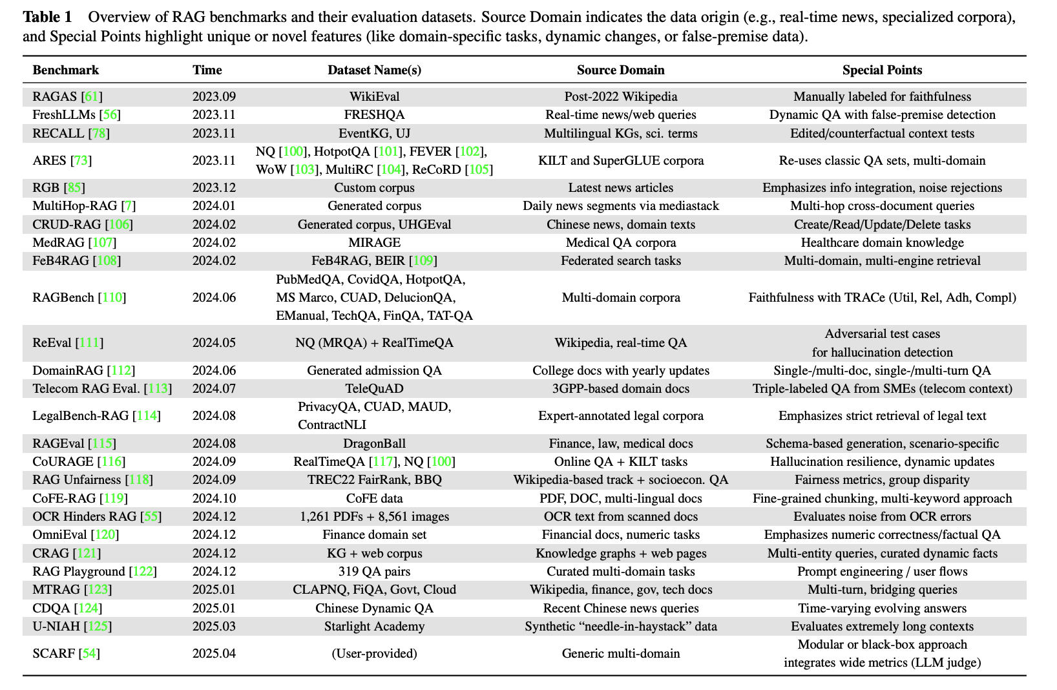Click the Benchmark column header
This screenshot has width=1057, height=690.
[66, 70]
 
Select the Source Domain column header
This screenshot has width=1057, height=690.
[620, 70]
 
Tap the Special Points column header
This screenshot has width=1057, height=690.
[882, 70]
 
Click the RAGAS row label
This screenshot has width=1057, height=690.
[56, 97]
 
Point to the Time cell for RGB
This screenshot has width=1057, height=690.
[214, 188]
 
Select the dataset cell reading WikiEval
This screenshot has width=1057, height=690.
[374, 97]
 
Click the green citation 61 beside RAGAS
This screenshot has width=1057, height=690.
[92, 97]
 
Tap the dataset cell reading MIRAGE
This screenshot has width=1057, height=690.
[374, 243]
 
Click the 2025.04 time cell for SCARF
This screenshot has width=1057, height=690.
[214, 653]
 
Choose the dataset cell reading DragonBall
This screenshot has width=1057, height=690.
[374, 444]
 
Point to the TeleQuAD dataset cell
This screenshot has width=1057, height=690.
[374, 389]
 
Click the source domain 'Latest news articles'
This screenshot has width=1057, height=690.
[620, 188]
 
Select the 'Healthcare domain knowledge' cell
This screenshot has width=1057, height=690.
[882, 243]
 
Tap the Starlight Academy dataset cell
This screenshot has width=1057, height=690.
[374, 627]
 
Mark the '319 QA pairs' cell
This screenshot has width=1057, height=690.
[374, 572]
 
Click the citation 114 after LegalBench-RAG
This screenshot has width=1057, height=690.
[147, 416]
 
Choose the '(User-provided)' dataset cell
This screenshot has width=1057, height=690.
[374, 653]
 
